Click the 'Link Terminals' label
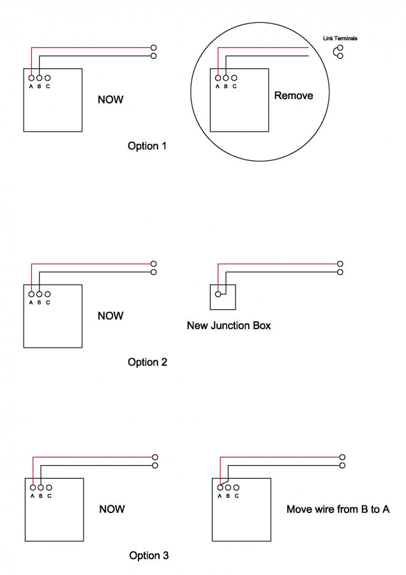(340, 38)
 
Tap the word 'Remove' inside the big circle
(294, 95)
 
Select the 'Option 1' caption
(147, 146)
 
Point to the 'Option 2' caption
(147, 362)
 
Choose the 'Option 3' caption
(149, 556)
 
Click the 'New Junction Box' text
(229, 325)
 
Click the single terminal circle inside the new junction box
(218, 294)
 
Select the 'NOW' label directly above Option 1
(110, 100)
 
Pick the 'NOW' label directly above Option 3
(112, 509)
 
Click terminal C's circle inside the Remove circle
(234, 78)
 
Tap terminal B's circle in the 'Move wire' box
(229, 487)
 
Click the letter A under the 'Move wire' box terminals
(220, 496)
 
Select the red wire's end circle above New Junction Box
(340, 264)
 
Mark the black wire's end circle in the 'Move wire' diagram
(342, 465)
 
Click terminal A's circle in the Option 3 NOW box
(33, 487)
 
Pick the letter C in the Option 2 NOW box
(48, 303)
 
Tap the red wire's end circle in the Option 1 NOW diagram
(154, 48)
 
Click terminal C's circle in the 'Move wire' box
(236, 487)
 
